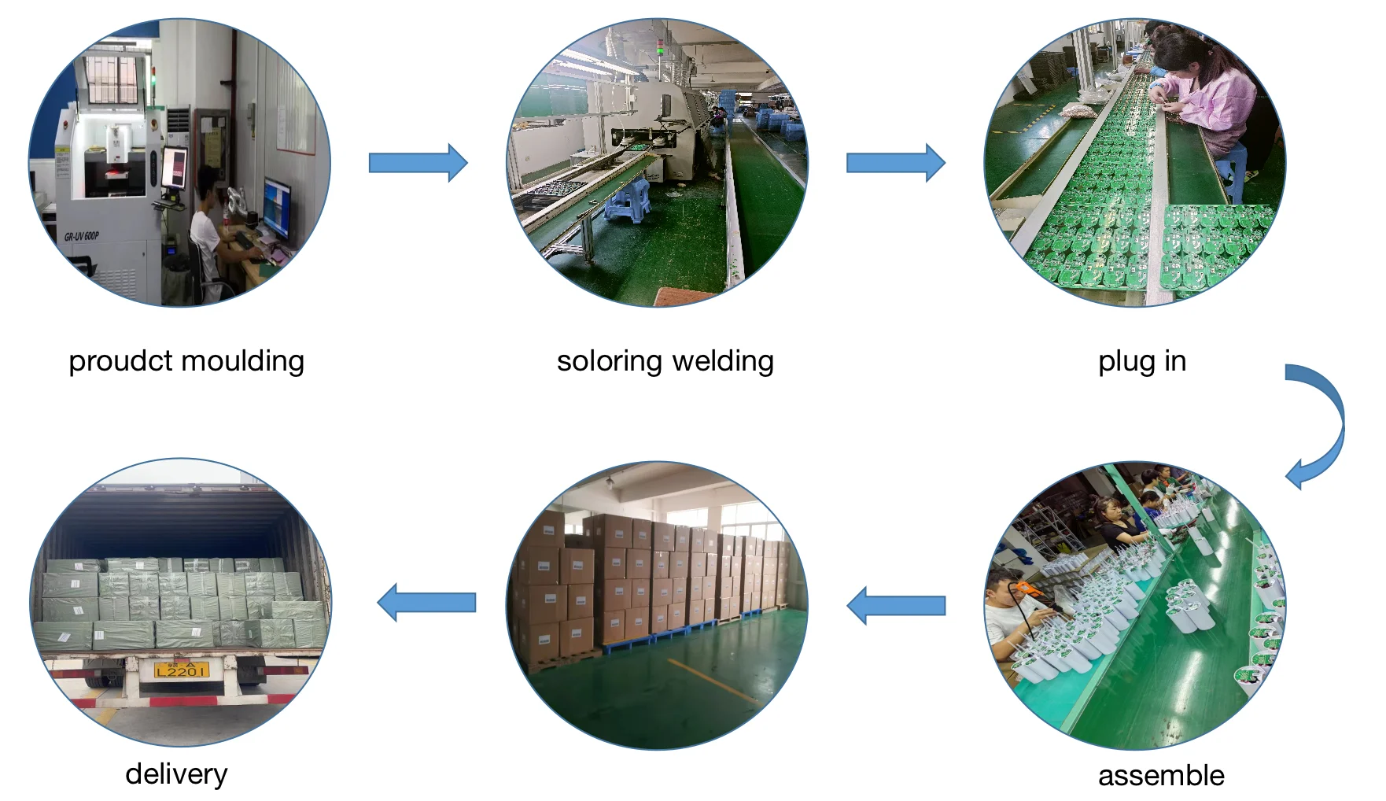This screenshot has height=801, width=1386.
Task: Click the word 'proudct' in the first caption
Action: coord(119,362)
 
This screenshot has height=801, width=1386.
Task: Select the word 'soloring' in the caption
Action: coord(609,362)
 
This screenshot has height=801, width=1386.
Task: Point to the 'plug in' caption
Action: coord(1141,361)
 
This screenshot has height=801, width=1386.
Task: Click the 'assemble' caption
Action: coord(1161,776)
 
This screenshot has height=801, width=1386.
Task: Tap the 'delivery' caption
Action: coord(176,774)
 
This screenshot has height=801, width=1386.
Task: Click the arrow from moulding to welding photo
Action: coord(418,163)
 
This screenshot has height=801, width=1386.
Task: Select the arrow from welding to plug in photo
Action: coord(895,163)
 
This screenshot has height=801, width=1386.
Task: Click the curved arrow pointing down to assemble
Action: coord(1321,425)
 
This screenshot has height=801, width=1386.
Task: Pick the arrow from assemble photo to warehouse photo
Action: coord(896,605)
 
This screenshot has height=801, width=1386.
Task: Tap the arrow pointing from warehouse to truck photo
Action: coord(426,603)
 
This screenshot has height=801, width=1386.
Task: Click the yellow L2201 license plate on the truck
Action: coord(182,670)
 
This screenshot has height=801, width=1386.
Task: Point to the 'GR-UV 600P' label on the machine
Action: coord(82,236)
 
